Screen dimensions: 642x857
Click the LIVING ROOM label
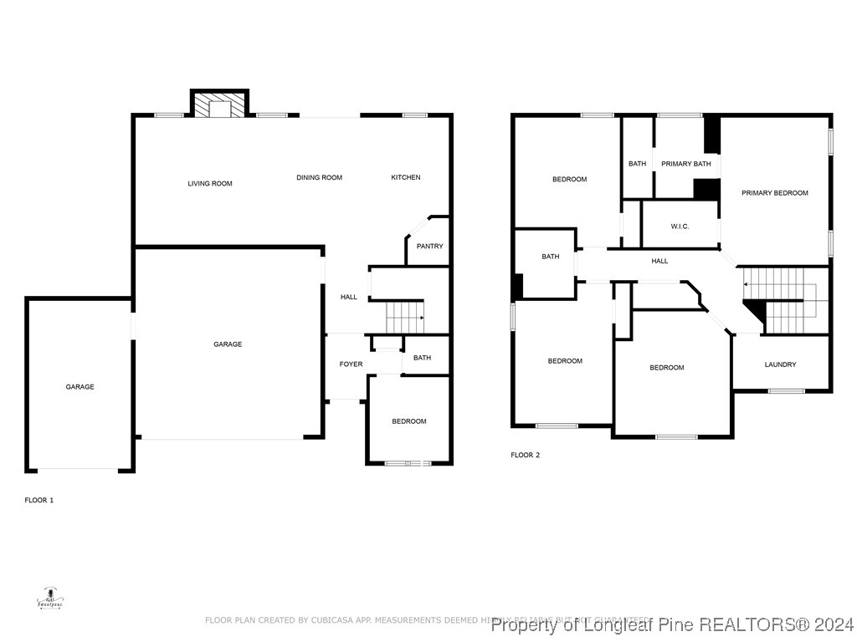click(x=210, y=183)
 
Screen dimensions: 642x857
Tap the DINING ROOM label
click(x=319, y=177)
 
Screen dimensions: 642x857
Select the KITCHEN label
click(x=406, y=177)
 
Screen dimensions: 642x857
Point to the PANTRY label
click(x=429, y=246)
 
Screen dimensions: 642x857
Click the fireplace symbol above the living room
click(x=220, y=105)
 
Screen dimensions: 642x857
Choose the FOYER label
click(x=351, y=364)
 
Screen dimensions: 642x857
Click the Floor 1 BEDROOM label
click(x=409, y=421)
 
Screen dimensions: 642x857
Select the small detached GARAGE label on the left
click(x=80, y=387)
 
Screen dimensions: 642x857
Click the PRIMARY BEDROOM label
click(x=775, y=193)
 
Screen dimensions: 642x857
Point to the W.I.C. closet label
click(x=680, y=227)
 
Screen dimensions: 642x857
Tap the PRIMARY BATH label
click(x=686, y=164)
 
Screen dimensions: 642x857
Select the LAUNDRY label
click(x=780, y=364)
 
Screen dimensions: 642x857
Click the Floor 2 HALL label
click(x=659, y=261)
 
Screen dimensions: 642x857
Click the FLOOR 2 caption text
click(x=526, y=455)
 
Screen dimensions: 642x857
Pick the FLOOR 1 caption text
click(x=39, y=500)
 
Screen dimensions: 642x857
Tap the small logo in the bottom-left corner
click(x=50, y=599)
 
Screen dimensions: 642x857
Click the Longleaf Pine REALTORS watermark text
click(x=672, y=624)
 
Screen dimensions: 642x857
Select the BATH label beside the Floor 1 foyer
click(x=422, y=358)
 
